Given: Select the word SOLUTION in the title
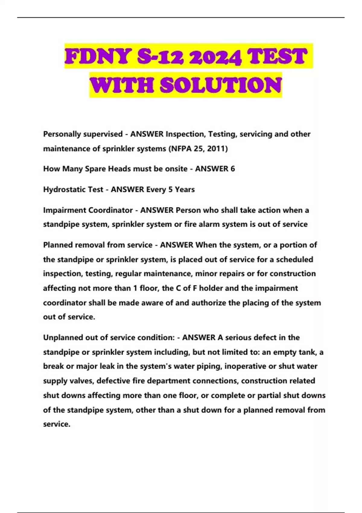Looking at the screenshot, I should click(221, 85).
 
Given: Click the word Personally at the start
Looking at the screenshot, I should click(62, 134).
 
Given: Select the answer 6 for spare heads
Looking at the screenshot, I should click(233, 169).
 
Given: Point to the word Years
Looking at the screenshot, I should click(185, 190).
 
